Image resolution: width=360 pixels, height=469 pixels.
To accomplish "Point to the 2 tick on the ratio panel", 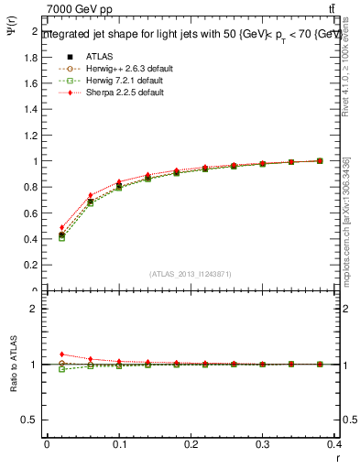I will (x=35, y=309).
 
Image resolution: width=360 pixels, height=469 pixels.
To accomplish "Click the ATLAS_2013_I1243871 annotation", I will (x=189, y=274).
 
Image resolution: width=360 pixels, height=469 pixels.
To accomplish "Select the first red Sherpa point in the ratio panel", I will (x=61, y=354).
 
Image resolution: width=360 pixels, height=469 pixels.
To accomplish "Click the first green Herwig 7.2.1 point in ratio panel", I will (x=61, y=369).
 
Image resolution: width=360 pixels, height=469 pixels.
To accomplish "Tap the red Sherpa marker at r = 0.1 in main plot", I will (x=119, y=181).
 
